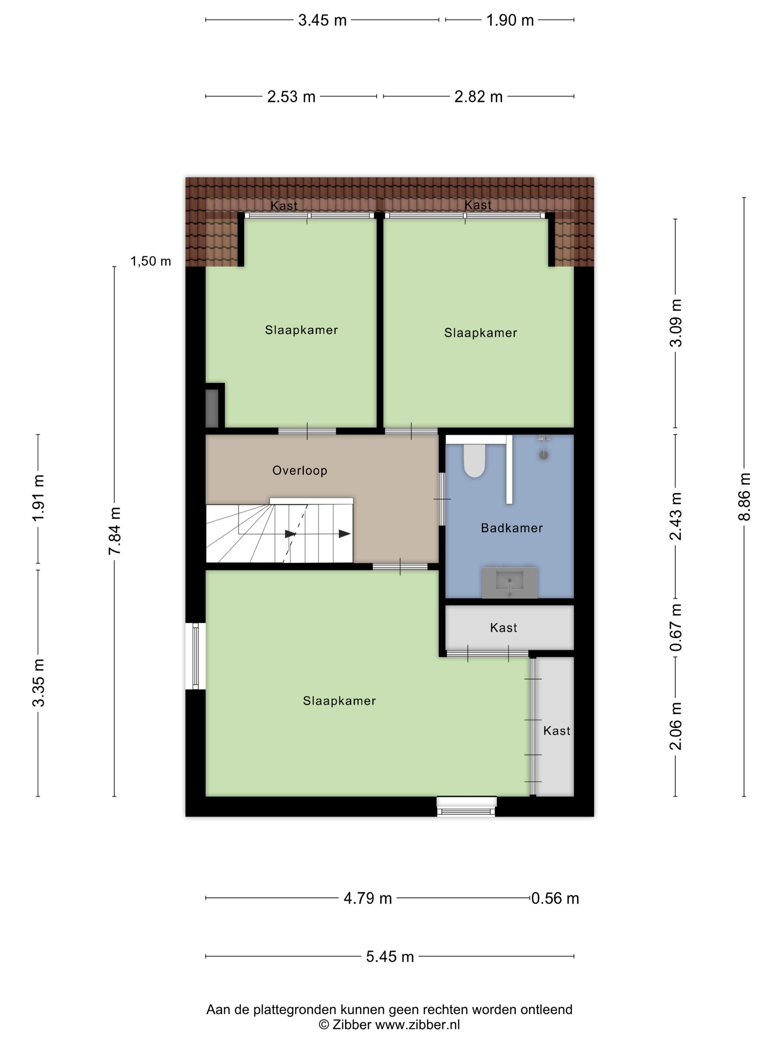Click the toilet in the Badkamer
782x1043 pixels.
coord(474,460)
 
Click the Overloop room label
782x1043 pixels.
coord(299,470)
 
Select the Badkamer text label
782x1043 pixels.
coord(511,528)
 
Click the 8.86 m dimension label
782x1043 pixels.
coord(744,497)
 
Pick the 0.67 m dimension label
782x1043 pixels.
coord(675,627)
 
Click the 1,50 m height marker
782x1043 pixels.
coord(150,261)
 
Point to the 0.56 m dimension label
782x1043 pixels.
coord(555,898)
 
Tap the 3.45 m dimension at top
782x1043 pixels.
coord(322,20)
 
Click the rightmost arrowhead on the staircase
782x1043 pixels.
coord(344,534)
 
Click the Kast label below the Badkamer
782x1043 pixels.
coord(503,628)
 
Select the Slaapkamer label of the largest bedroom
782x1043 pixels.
coord(339,701)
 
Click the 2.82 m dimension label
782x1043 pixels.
coord(478,96)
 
